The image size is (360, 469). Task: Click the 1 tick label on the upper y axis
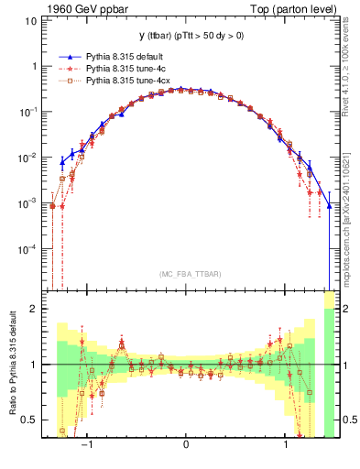point(31,67)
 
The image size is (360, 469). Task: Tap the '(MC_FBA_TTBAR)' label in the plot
point(189,274)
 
